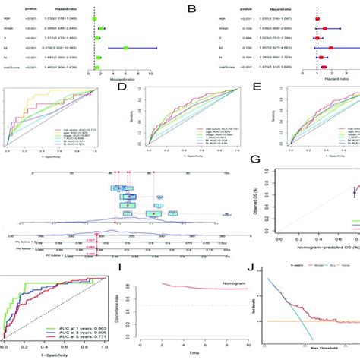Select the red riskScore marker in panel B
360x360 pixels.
pyautogui.click(x=324, y=67)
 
